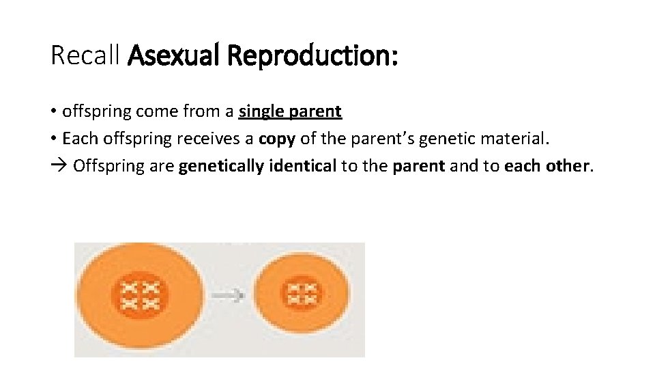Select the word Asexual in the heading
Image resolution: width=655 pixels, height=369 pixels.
[173, 56]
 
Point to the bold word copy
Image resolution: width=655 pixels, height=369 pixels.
[277, 139]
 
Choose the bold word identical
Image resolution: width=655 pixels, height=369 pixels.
[297, 166]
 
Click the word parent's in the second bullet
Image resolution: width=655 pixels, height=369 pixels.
[382, 139]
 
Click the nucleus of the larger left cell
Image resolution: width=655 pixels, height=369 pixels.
[139, 295]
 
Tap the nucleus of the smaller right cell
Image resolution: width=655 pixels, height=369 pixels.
[302, 293]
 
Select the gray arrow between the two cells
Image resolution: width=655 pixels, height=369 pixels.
[227, 295]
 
